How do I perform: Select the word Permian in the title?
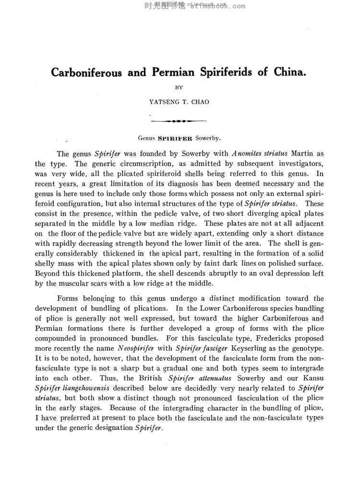[174, 73]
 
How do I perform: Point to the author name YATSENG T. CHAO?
[179, 102]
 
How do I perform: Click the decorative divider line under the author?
[178, 121]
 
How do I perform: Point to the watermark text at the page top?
[194, 6]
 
